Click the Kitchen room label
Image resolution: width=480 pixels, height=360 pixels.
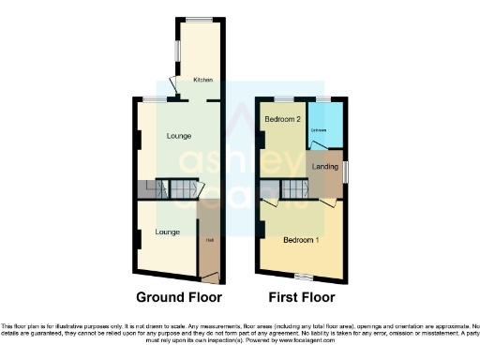pos(202,81)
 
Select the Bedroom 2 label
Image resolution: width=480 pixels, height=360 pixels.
pos(282,120)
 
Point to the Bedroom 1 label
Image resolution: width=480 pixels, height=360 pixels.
pos(302,239)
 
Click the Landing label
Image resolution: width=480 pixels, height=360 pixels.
pos(325,167)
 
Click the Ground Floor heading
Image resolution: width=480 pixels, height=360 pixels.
pos(179,298)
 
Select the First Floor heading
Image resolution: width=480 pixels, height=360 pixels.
pos(301,298)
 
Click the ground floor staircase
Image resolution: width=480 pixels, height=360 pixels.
pos(177,189)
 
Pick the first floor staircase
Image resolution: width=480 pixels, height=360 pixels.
pos(296,190)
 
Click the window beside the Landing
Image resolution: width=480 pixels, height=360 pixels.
pos(344,172)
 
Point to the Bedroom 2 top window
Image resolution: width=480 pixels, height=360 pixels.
pos(280,98)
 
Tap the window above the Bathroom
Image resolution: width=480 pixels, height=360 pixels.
pos(323,98)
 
